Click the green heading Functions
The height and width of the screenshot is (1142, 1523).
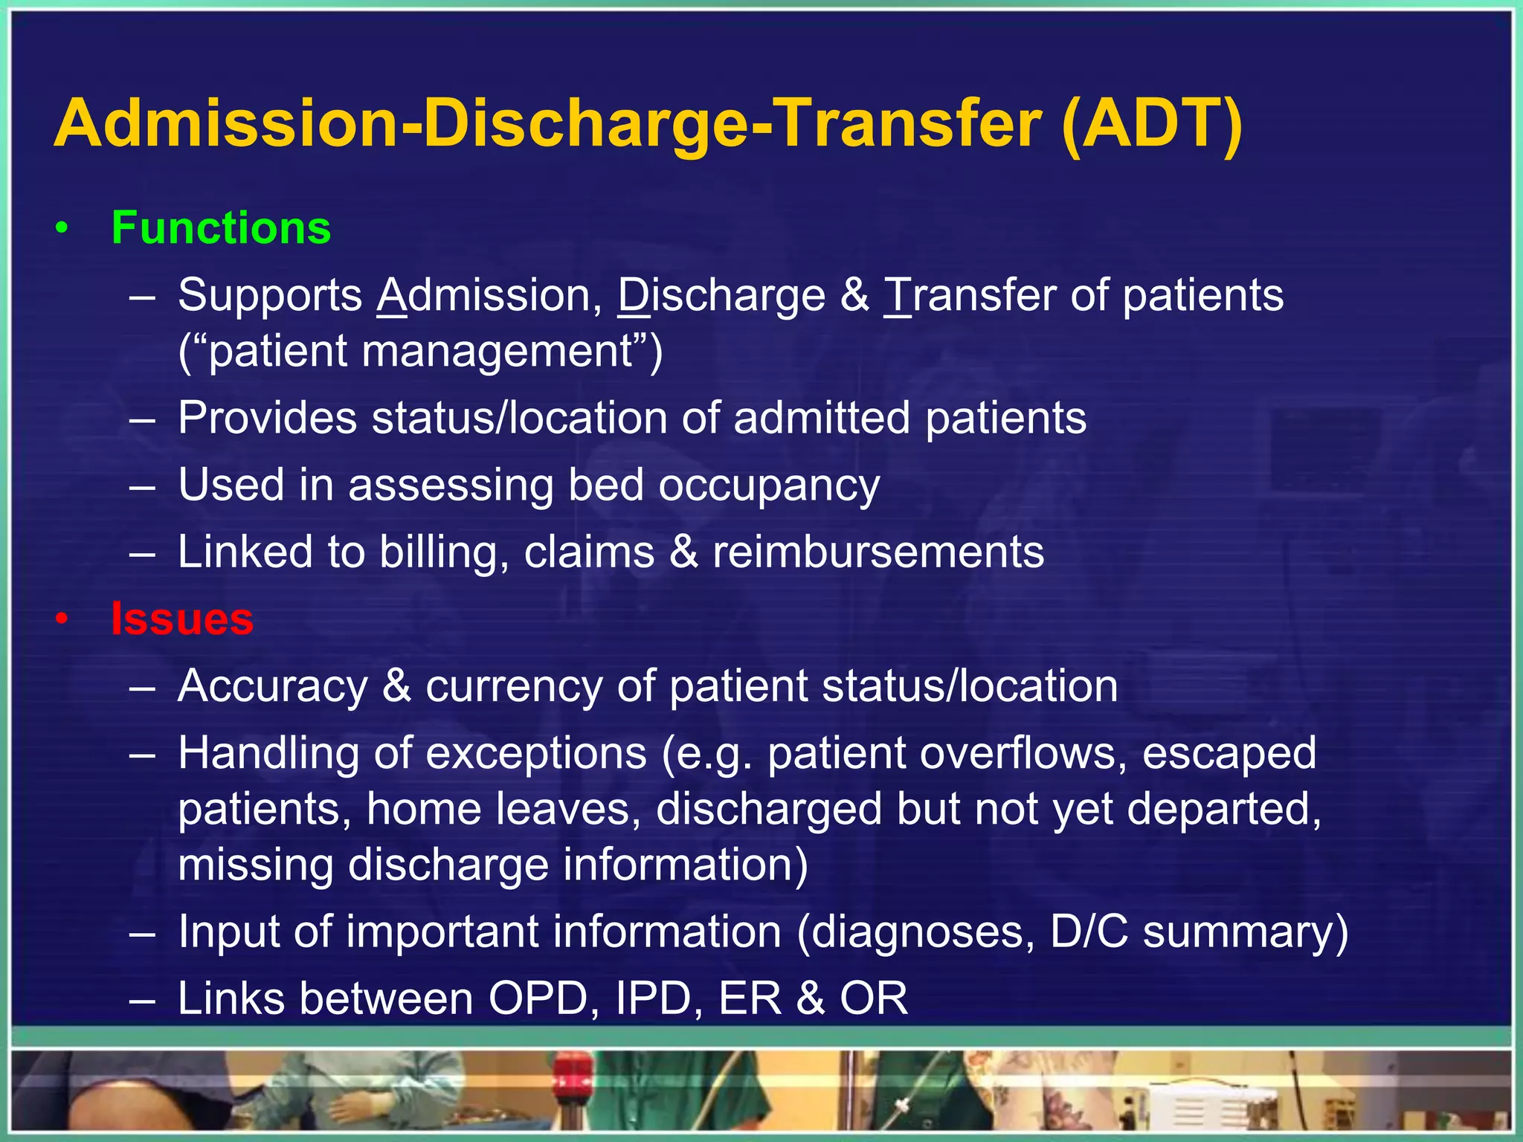coord(221,228)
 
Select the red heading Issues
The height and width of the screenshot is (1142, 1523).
coord(182,619)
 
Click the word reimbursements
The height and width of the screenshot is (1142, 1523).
coord(878,552)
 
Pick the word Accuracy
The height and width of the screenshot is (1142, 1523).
coord(273,685)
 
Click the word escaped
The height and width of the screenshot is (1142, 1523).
coord(1229,753)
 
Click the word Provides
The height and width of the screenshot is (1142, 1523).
coord(267,418)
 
